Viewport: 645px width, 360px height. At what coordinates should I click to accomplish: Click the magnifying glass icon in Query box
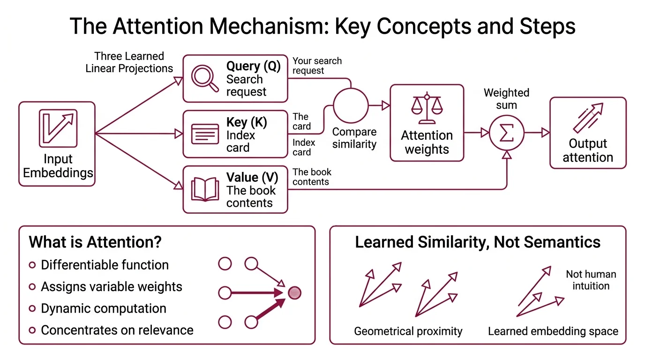pyautogui.click(x=205, y=78)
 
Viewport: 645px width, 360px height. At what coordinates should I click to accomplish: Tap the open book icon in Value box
pyautogui.click(x=205, y=189)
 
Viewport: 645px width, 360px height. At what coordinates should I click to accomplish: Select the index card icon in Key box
pyautogui.click(x=205, y=134)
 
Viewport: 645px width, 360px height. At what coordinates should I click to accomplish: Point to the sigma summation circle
pyautogui.click(x=506, y=133)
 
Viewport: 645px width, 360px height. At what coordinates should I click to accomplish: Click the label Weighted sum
pyautogui.click(x=506, y=99)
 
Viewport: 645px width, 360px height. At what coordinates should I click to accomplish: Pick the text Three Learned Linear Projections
pyautogui.click(x=129, y=62)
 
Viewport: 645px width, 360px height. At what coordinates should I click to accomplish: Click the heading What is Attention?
pyautogui.click(x=95, y=242)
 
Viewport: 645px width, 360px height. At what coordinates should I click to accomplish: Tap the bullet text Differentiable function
pyautogui.click(x=105, y=265)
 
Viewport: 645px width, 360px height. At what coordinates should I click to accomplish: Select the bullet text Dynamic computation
pyautogui.click(x=104, y=308)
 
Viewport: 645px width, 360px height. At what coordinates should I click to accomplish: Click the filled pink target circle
pyautogui.click(x=294, y=293)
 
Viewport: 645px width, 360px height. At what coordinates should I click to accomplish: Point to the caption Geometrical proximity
pyautogui.click(x=408, y=331)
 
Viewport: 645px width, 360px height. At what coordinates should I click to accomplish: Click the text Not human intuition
pyautogui.click(x=591, y=280)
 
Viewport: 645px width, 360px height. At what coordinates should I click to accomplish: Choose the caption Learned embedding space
pyautogui.click(x=553, y=331)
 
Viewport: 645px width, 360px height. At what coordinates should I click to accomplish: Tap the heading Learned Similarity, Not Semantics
pyautogui.click(x=477, y=242)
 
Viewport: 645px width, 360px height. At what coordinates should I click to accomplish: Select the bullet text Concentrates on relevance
pyautogui.click(x=117, y=330)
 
